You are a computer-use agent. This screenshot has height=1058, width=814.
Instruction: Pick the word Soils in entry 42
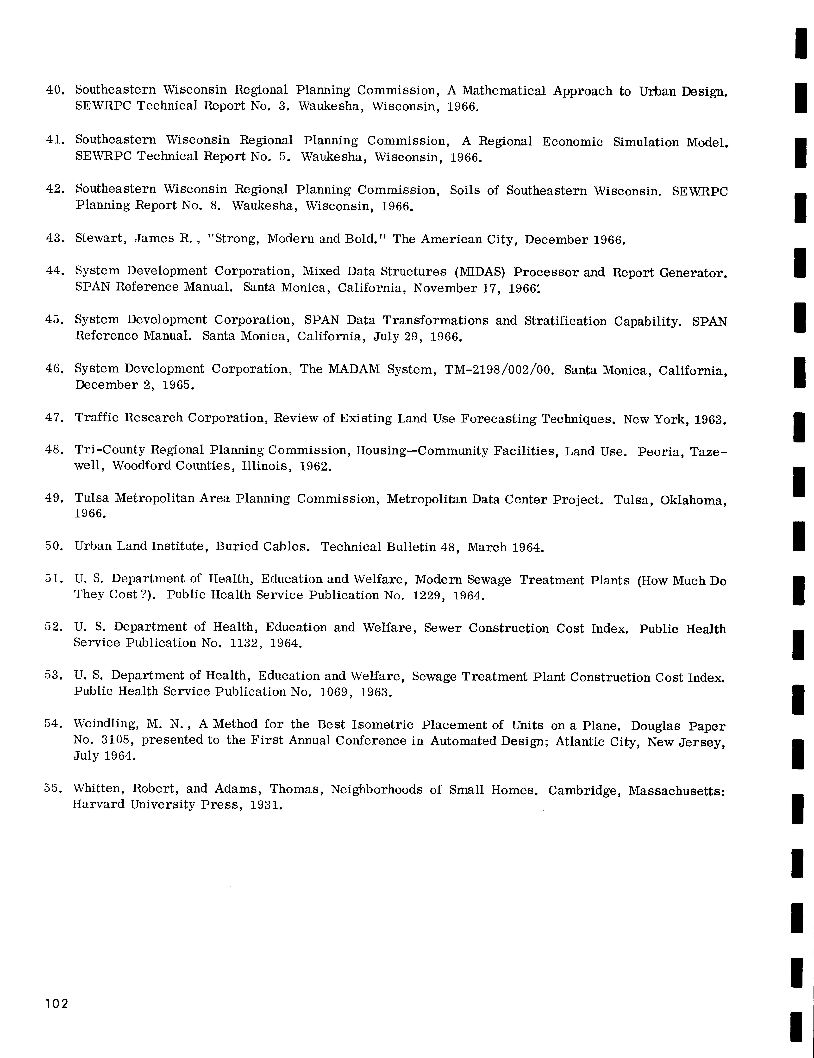click(467, 190)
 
